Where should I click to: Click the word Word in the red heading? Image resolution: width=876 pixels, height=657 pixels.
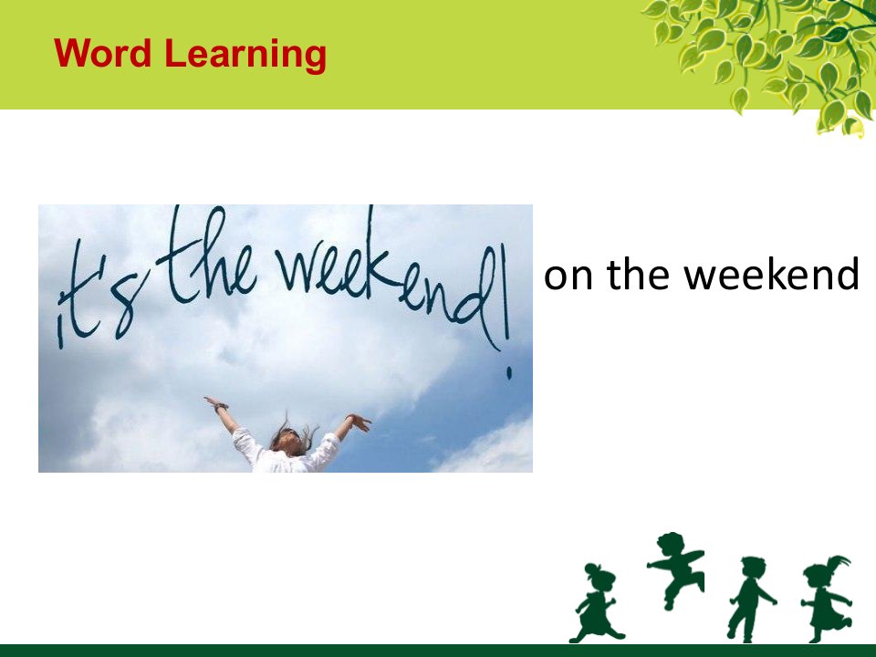click(x=103, y=53)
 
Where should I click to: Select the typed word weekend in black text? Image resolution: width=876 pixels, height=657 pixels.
click(x=772, y=273)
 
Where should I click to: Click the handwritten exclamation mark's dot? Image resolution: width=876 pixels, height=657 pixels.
click(x=509, y=372)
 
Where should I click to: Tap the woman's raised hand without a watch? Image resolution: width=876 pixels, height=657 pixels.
click(x=358, y=422)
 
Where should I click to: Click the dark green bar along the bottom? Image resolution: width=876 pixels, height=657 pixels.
click(x=438, y=651)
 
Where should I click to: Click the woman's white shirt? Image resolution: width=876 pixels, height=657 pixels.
click(x=285, y=454)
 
